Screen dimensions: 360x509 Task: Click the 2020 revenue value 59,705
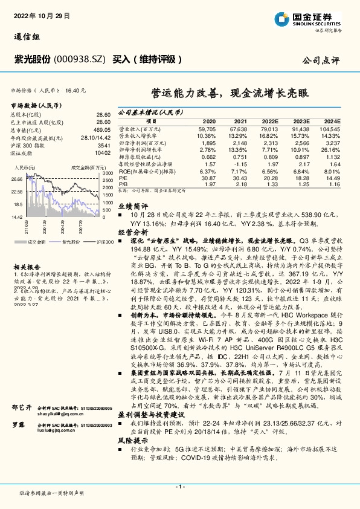click(207, 129)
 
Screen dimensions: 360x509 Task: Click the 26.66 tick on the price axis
click(17, 179)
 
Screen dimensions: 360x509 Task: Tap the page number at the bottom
click(180, 486)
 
